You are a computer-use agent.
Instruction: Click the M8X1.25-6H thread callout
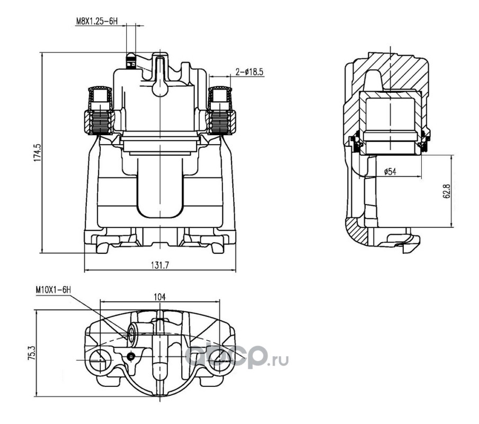click(x=96, y=21)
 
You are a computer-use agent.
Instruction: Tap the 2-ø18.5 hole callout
click(x=249, y=72)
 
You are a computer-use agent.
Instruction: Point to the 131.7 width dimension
click(x=160, y=266)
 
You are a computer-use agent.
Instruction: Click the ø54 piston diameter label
click(x=390, y=172)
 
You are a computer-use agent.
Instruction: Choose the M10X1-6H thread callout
click(x=53, y=289)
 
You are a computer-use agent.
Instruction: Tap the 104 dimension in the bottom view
click(x=159, y=297)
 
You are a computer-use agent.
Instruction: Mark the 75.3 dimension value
click(x=32, y=354)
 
